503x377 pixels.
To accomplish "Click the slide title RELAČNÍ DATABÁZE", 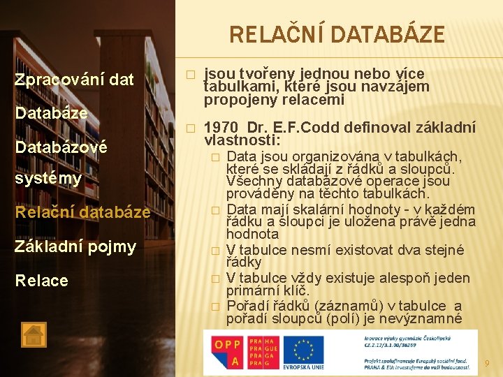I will tap(337, 34).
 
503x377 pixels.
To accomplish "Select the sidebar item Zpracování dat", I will tap(74, 80).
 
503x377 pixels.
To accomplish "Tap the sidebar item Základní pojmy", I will tap(75, 246).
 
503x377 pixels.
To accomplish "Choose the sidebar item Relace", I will tap(42, 281).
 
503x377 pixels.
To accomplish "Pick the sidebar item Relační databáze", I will tap(82, 212).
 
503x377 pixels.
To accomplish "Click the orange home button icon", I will tap(34, 334).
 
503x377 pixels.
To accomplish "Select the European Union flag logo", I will tap(305, 350).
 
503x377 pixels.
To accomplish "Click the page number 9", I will tap(488, 363).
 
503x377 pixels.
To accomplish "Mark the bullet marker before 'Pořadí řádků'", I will tap(215, 306).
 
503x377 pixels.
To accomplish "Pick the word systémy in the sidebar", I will tap(48, 178).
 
